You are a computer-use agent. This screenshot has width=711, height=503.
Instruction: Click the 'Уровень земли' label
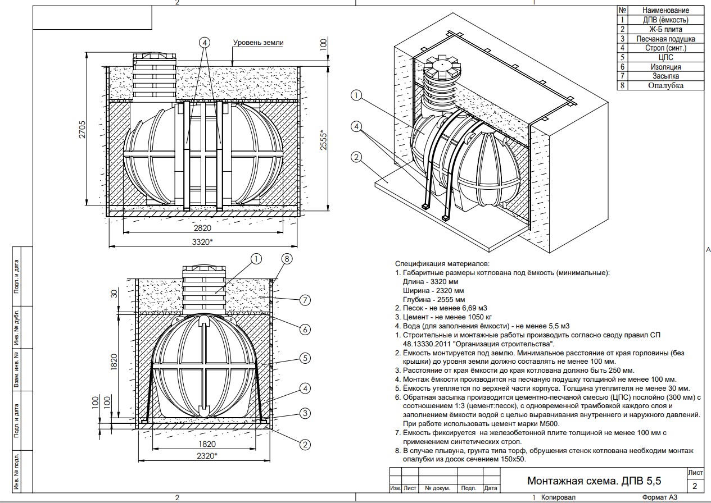point(259,43)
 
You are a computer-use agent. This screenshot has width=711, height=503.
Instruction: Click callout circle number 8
point(287,259)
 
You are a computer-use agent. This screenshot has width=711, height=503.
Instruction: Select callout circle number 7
point(305,300)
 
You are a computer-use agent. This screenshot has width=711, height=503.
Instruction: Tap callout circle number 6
point(305,329)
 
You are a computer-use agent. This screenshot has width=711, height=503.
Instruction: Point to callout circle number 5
point(305,358)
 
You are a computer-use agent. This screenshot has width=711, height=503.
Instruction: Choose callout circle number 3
point(305,414)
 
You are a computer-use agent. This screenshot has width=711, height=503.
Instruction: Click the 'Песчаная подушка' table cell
point(665,39)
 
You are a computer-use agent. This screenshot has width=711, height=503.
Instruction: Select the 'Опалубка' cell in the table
point(665,85)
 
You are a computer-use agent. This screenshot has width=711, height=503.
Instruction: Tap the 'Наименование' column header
point(665,10)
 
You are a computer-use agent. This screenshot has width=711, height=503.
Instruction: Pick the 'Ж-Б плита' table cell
point(665,29)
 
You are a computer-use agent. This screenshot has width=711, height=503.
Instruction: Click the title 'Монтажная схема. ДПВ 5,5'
point(594,481)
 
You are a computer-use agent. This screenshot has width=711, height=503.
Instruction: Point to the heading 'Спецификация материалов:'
point(442,263)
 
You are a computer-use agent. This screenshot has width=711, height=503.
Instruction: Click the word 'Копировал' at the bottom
point(558,498)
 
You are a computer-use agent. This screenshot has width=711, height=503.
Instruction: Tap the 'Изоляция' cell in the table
point(665,66)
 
